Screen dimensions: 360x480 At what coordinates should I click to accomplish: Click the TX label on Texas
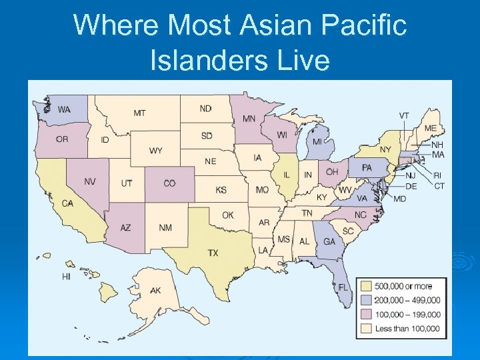(213, 253)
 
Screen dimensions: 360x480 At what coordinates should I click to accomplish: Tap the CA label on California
(67, 203)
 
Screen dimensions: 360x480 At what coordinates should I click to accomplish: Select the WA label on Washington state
(64, 109)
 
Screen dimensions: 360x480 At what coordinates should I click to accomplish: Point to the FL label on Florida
(343, 287)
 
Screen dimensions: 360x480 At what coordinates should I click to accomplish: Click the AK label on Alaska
(155, 291)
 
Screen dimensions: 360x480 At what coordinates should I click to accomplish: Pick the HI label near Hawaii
(66, 276)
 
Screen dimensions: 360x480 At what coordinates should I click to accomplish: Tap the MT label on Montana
(139, 113)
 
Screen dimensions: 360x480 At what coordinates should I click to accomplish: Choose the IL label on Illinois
(286, 175)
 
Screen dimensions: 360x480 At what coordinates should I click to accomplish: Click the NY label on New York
(385, 149)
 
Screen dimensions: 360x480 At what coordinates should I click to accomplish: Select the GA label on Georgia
(329, 242)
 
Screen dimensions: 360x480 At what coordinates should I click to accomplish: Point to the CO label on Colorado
(169, 183)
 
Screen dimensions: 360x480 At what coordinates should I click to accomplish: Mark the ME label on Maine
(431, 128)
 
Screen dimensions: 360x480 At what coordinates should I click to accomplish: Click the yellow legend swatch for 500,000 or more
(366, 286)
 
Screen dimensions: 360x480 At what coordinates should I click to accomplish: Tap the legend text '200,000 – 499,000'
(407, 300)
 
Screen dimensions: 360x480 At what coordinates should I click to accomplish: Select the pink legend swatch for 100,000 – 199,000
(366, 314)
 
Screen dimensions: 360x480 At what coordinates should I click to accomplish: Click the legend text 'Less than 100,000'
(407, 328)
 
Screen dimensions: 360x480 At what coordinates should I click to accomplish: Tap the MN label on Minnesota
(249, 119)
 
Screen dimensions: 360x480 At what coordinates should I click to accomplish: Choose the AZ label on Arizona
(125, 228)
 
